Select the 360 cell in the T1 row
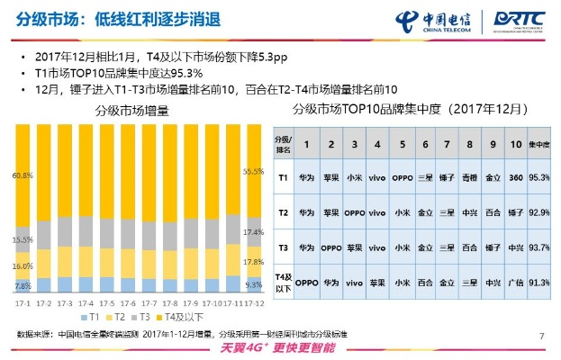[516, 178]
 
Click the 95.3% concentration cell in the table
[539, 178]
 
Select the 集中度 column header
[539, 143]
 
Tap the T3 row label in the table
[281, 247]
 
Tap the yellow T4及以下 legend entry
[180, 319]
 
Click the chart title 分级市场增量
[133, 110]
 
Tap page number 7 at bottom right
[542, 336]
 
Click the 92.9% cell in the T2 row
[539, 212]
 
